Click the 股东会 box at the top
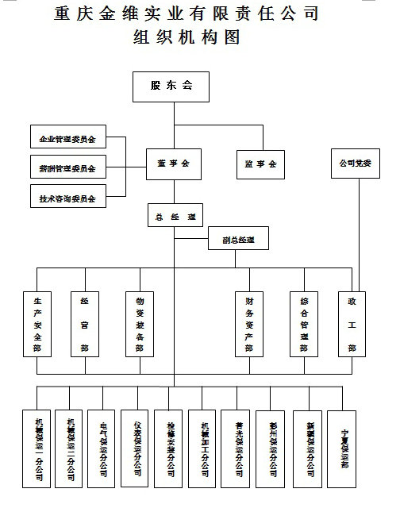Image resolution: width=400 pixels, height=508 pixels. (171, 87)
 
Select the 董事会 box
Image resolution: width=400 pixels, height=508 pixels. (174, 164)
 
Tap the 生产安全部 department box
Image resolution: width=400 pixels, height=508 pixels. (37, 325)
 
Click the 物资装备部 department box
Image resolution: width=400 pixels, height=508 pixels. (140, 325)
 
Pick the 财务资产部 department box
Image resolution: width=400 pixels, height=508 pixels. (249, 325)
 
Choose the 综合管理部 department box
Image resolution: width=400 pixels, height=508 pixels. (303, 325)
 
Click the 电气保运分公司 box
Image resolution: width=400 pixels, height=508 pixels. (103, 448)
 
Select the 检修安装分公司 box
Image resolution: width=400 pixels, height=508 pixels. (171, 448)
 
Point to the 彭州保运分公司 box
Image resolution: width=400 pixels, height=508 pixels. (273, 448)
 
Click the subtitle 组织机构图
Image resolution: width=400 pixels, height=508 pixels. (187, 37)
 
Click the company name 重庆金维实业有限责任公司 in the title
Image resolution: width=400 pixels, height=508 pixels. (187, 13)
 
